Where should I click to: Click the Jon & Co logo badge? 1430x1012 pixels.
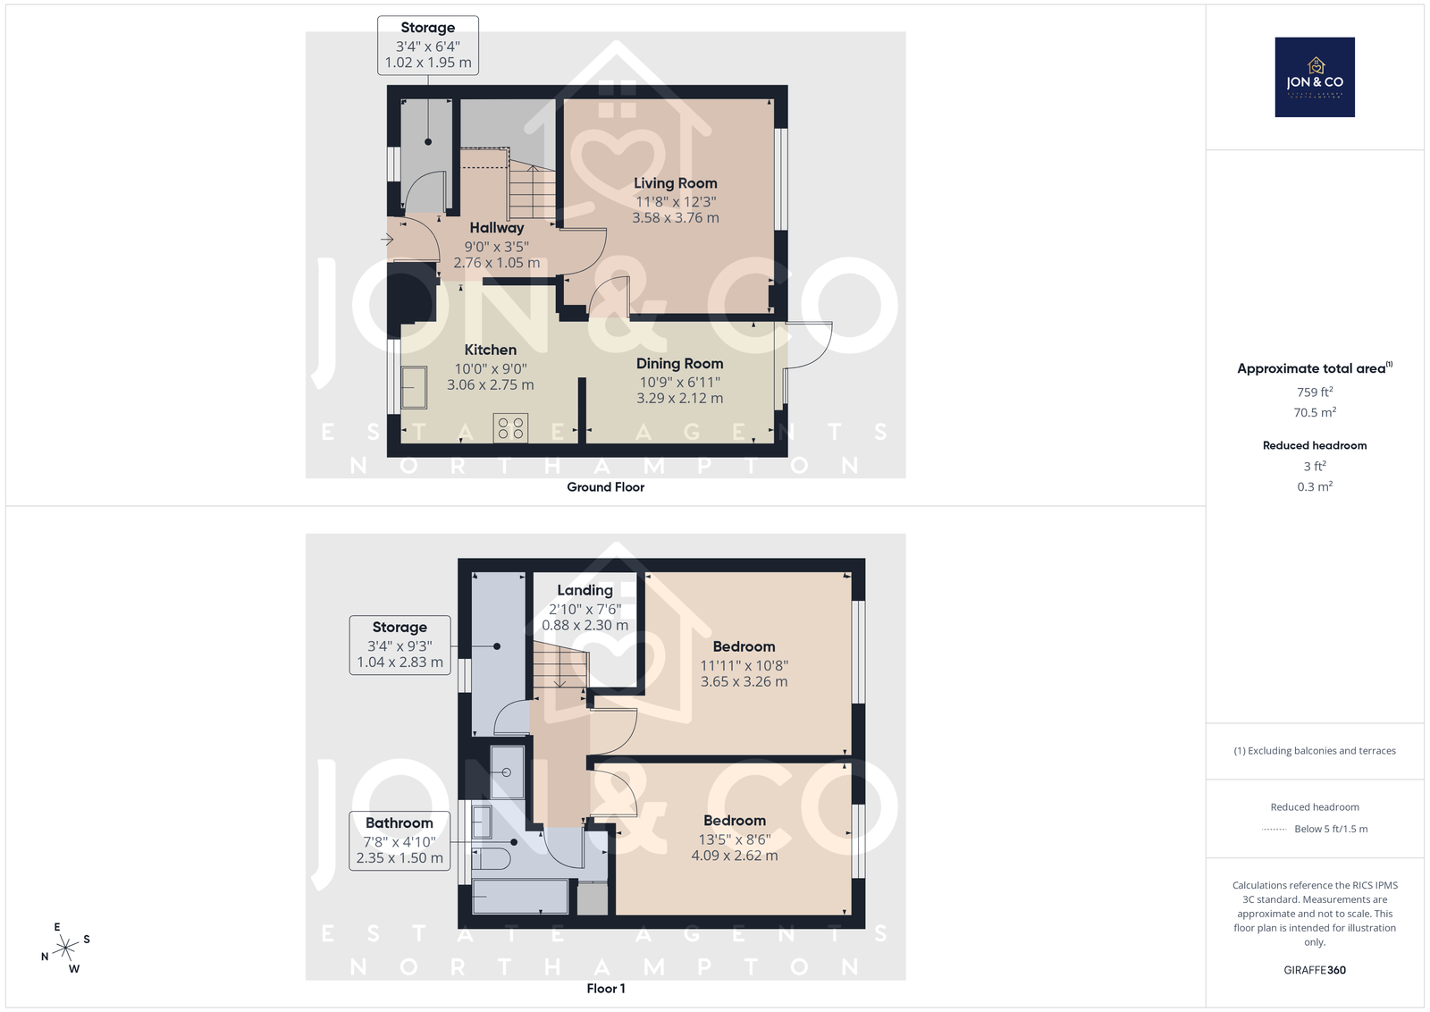[1315, 77]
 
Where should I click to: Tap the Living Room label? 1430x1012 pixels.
[676, 183]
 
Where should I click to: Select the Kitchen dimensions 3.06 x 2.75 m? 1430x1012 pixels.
[491, 385]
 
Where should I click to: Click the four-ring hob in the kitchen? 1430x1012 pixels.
[510, 428]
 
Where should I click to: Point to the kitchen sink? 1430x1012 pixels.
[414, 387]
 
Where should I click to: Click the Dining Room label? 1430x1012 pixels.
[680, 363]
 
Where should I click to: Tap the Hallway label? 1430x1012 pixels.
[497, 228]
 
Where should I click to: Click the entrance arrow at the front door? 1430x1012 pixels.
[387, 240]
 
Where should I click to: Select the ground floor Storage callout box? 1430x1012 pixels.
[428, 46]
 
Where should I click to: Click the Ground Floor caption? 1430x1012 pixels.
[606, 487]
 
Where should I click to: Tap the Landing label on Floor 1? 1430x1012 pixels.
[585, 591]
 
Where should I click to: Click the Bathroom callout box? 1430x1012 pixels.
[400, 840]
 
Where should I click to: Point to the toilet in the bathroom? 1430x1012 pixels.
[491, 859]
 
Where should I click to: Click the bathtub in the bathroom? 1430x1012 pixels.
[520, 897]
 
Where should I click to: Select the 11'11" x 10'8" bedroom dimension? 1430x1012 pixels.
[744, 665]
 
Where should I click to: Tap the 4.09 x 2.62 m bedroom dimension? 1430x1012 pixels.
[735, 856]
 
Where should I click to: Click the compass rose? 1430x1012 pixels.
[66, 949]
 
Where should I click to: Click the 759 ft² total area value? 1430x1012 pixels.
[1315, 392]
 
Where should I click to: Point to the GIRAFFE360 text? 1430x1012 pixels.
[1315, 971]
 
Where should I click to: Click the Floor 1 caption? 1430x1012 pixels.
[606, 989]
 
